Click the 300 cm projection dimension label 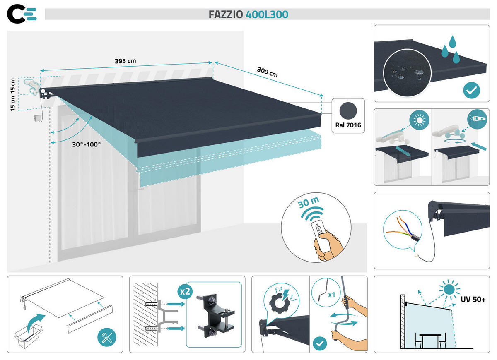click(x=267, y=72)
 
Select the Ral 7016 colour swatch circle click(x=347, y=111)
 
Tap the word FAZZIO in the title click(x=226, y=14)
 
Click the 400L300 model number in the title click(x=267, y=14)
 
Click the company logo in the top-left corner click(x=22, y=14)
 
